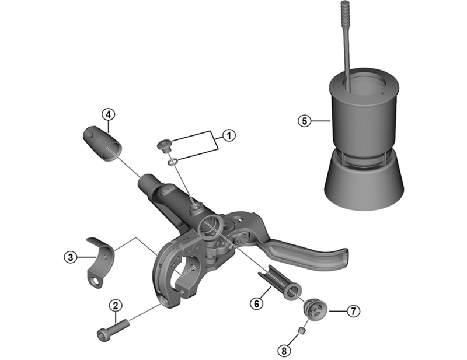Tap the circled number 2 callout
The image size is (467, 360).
coord(116,305)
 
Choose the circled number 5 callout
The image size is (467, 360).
coord(303,121)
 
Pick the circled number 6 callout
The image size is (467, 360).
coord(255,303)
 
